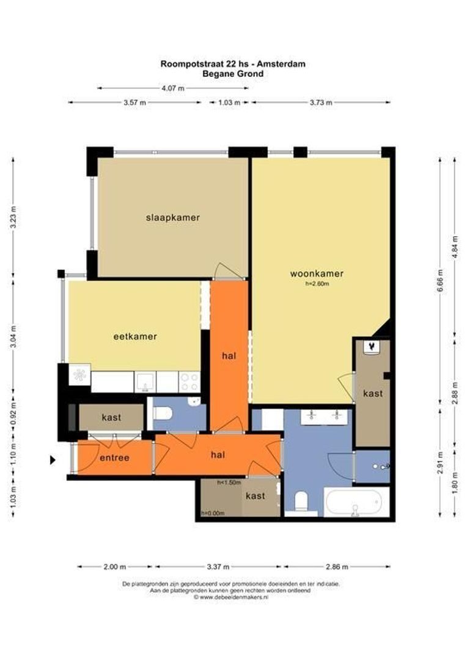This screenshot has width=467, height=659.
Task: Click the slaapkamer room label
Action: click(172, 218)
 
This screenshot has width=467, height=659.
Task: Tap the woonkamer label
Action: click(317, 273)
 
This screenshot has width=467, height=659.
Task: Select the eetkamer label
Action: click(135, 337)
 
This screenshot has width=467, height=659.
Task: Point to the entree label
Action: click(114, 458)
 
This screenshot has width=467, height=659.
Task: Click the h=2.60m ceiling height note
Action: click(317, 284)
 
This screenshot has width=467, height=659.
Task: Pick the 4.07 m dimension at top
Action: click(173, 88)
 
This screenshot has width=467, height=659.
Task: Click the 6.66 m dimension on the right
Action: click(440, 281)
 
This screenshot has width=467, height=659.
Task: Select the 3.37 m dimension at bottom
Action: click(218, 566)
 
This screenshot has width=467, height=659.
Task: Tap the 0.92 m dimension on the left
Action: click(13, 415)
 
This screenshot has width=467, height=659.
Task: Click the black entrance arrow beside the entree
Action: click(53, 460)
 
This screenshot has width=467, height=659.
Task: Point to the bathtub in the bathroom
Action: click(353, 502)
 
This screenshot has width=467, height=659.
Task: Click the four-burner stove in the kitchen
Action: click(189, 382)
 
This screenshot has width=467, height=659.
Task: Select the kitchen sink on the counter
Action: click(145, 381)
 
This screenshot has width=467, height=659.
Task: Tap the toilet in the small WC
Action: click(163, 413)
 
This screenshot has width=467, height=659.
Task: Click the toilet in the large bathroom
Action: click(301, 502)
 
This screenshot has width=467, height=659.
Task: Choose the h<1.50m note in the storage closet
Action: click(229, 483)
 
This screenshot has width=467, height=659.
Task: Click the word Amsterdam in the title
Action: click(281, 64)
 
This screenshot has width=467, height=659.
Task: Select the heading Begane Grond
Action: click(233, 74)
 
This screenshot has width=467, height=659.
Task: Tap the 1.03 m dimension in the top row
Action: click(229, 102)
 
